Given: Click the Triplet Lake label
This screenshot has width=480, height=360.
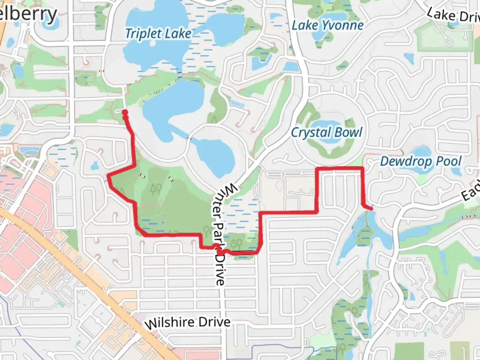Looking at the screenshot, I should (x=158, y=33).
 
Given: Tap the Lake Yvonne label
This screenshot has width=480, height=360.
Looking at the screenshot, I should (x=328, y=25).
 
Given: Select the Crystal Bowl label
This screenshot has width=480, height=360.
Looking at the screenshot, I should (x=327, y=133).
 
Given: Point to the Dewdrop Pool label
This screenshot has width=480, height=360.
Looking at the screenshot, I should (x=421, y=161).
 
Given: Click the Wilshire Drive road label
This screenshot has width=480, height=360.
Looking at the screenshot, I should (x=188, y=323).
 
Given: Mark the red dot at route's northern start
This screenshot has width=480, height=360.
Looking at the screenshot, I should (x=125, y=112).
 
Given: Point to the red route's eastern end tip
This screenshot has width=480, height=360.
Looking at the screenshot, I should (x=371, y=209).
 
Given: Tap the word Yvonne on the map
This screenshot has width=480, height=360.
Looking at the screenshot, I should (x=343, y=25).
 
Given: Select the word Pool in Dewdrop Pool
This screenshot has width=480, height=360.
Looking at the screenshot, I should (x=449, y=161).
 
